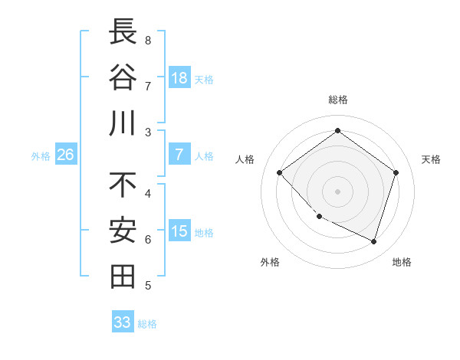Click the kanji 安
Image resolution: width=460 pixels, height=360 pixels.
click(123, 231)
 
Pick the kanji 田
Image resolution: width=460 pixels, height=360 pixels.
click(123, 277)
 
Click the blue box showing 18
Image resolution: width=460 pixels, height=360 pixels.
click(179, 78)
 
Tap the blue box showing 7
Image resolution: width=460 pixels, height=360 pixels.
click(179, 155)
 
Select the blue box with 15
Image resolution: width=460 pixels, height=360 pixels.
click(179, 231)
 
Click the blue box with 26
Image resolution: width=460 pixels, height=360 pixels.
click(66, 155)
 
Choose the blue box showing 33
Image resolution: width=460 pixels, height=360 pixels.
click(123, 322)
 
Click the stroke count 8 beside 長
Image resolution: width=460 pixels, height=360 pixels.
click(148, 40)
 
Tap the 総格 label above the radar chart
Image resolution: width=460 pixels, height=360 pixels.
click(337, 100)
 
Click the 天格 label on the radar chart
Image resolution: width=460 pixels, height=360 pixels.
click(431, 159)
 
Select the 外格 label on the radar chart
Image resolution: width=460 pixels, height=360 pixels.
click(270, 262)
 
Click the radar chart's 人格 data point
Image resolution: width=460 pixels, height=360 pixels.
click(279, 173)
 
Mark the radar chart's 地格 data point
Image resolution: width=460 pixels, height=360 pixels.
click(373, 242)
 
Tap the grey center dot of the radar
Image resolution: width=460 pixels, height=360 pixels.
click(337, 191)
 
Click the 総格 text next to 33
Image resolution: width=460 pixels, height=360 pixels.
click(147, 324)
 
